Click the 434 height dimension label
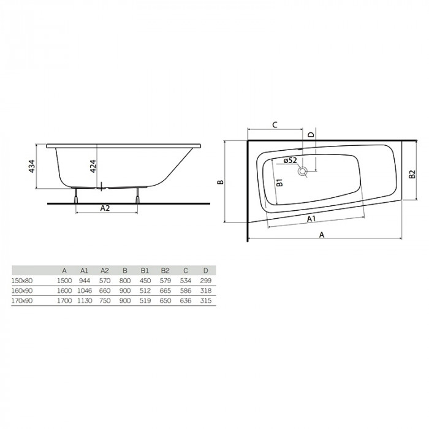pos(32,166)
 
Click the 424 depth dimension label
pos(93,166)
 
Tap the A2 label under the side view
pos(105,208)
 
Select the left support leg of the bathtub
pos(76,196)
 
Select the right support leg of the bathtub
pos(138,196)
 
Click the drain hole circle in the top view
pos(303,171)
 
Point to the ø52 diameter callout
pos(290,160)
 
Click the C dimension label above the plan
pos(275,125)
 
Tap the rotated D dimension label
pos(311,135)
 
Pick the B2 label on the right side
pos(412,174)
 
